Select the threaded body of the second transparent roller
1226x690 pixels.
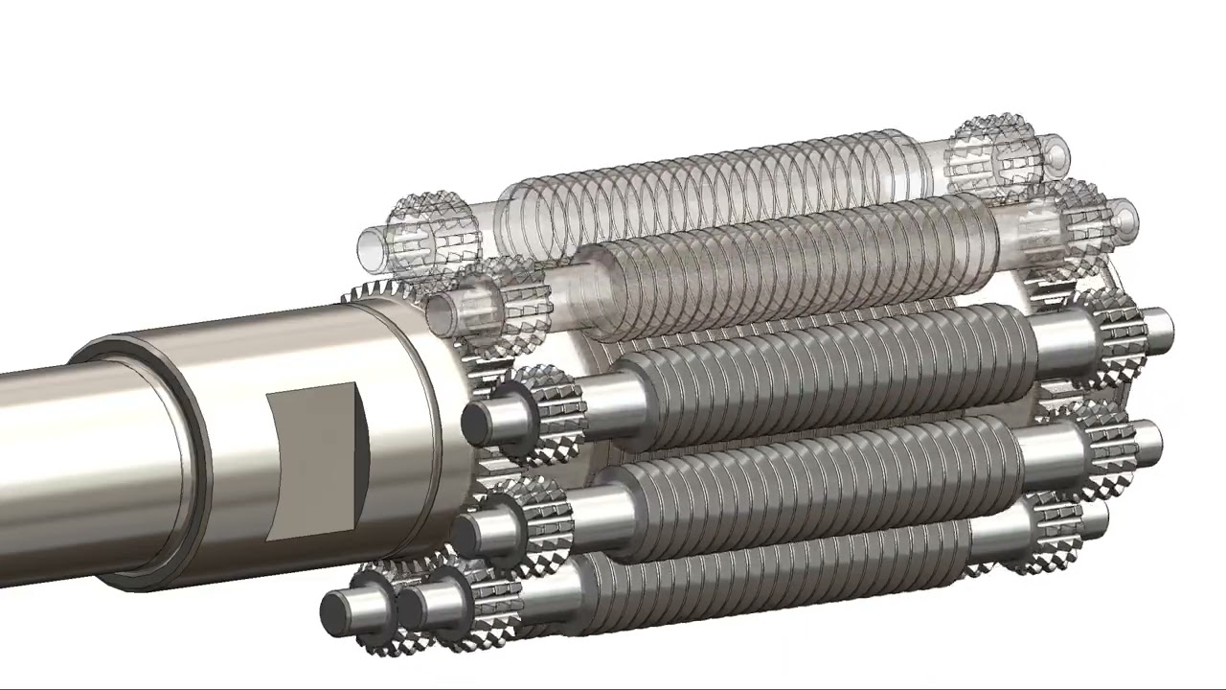tap(785, 254)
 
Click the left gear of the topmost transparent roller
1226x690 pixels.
tap(431, 230)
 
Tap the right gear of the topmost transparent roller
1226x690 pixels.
tap(991, 153)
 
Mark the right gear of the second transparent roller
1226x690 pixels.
tap(1063, 225)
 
